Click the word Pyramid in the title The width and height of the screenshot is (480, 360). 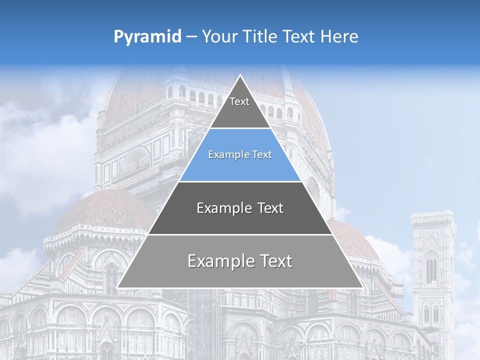click(147, 37)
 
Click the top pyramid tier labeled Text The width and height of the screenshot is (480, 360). click(239, 107)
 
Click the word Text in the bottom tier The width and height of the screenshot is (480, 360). click(273, 261)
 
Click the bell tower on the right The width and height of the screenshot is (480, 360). click(433, 270)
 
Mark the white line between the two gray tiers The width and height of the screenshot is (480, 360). click(240, 234)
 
